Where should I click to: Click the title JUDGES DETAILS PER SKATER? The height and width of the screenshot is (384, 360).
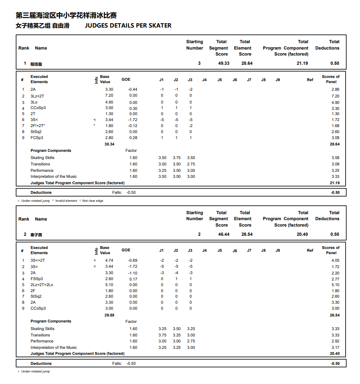pyautogui.click(x=128, y=26)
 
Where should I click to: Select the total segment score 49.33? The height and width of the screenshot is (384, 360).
pyautogui.click(x=224, y=64)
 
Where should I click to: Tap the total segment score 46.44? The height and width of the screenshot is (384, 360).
pyautogui.click(x=224, y=235)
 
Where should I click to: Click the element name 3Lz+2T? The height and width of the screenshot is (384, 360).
pyautogui.click(x=38, y=96)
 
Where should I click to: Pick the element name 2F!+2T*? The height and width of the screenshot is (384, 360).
pyautogui.click(x=38, y=126)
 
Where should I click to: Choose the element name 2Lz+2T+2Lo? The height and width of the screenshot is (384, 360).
pyautogui.click(x=42, y=285)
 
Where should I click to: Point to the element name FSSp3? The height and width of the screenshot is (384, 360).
pyautogui.click(x=37, y=279)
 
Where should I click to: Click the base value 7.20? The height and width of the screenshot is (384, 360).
pyautogui.click(x=109, y=96)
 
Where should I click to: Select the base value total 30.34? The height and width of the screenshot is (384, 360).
pyautogui.click(x=109, y=144)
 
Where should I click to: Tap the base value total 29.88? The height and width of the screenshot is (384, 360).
pyautogui.click(x=109, y=315)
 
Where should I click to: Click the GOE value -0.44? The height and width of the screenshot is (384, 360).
pyautogui.click(x=133, y=90)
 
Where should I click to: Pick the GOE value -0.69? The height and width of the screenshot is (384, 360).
pyautogui.click(x=133, y=261)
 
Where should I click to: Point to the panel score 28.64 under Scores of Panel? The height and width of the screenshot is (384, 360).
pyautogui.click(x=335, y=144)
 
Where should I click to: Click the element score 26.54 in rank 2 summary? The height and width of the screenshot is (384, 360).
pyautogui.click(x=247, y=235)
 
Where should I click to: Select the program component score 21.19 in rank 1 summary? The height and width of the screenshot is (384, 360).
pyautogui.click(x=302, y=64)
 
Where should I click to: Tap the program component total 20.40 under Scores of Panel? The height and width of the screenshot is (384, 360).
pyautogui.click(x=335, y=354)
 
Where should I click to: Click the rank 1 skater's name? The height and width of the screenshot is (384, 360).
pyautogui.click(x=36, y=64)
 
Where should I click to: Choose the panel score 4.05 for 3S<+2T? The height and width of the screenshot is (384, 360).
pyautogui.click(x=335, y=261)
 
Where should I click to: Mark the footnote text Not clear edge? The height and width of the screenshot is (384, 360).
pyautogui.click(x=93, y=201)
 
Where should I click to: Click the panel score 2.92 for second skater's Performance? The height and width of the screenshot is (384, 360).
pyautogui.click(x=335, y=341)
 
